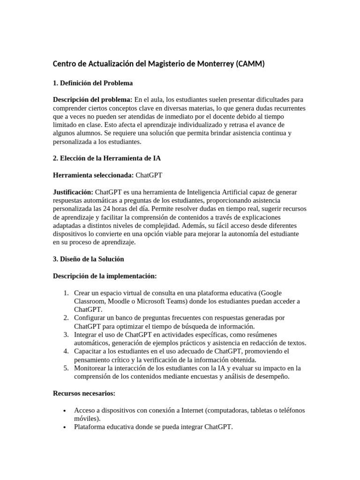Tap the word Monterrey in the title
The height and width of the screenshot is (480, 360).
208,64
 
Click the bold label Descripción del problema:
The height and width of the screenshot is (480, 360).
93,99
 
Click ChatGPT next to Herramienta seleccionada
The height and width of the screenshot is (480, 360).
149,175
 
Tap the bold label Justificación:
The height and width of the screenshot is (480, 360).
73,192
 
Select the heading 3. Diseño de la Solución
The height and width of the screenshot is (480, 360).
88,259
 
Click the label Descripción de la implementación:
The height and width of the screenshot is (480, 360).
105,276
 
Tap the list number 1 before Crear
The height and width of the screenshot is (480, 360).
66,293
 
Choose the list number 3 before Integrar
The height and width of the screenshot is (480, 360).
66,334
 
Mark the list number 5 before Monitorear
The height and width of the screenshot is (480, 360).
66,368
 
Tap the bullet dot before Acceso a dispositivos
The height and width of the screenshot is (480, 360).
64,411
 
